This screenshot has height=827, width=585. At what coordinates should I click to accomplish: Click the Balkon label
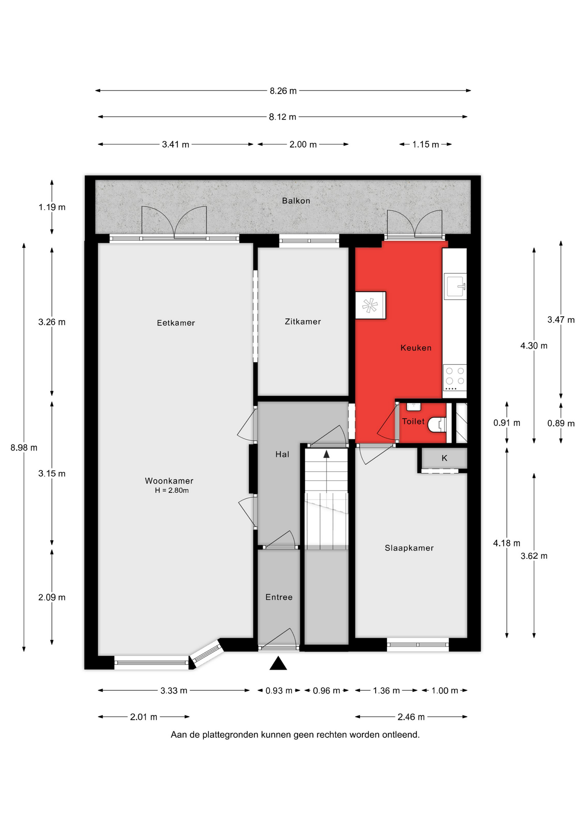click(296, 201)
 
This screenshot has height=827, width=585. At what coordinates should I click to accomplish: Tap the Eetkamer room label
click(176, 323)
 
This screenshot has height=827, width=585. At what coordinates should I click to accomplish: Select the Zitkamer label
click(303, 322)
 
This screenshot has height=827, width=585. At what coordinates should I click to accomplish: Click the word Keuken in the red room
click(416, 348)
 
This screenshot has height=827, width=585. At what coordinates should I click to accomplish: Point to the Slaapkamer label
click(409, 548)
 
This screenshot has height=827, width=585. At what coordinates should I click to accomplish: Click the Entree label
click(279, 597)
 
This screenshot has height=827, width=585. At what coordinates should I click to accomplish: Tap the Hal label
click(282, 454)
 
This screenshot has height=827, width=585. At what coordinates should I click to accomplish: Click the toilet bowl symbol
click(437, 425)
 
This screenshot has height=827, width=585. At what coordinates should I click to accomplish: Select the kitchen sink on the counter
click(455, 286)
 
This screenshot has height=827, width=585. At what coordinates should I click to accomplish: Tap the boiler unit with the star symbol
click(370, 305)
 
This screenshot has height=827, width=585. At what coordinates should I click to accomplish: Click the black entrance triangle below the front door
click(278, 663)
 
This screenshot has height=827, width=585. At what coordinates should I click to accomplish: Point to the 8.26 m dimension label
click(283, 91)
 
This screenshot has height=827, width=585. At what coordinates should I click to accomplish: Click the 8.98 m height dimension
click(24, 448)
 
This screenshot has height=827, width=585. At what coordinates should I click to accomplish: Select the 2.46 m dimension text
click(411, 717)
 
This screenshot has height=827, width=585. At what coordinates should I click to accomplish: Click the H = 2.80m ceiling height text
click(172, 491)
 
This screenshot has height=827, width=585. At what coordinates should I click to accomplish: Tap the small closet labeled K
click(444, 458)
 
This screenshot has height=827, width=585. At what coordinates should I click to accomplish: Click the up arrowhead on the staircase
click(327, 454)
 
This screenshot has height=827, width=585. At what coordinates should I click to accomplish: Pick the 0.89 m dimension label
click(561, 424)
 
